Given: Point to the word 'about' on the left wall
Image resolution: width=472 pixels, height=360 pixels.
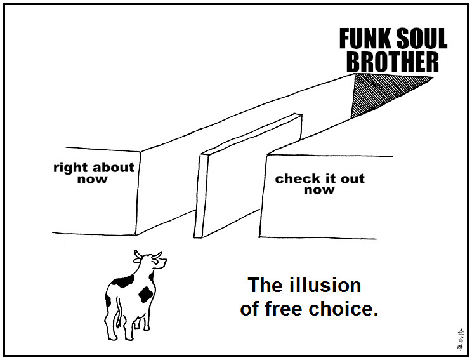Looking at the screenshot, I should point(114,168).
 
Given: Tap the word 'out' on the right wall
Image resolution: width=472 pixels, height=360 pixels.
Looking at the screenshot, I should point(353,178).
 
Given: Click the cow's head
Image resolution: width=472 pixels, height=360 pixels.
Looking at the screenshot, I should point(147,262).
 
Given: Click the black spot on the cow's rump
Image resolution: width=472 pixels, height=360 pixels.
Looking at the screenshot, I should point(146,294).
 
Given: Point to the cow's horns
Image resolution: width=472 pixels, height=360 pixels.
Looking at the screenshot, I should point(147,255).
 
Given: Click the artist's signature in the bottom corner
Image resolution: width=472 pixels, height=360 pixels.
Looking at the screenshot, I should point(460,340).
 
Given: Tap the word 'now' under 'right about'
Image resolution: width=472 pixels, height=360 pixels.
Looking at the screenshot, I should point(93,180).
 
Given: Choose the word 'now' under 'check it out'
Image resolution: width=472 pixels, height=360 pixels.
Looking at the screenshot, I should point(319,190).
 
